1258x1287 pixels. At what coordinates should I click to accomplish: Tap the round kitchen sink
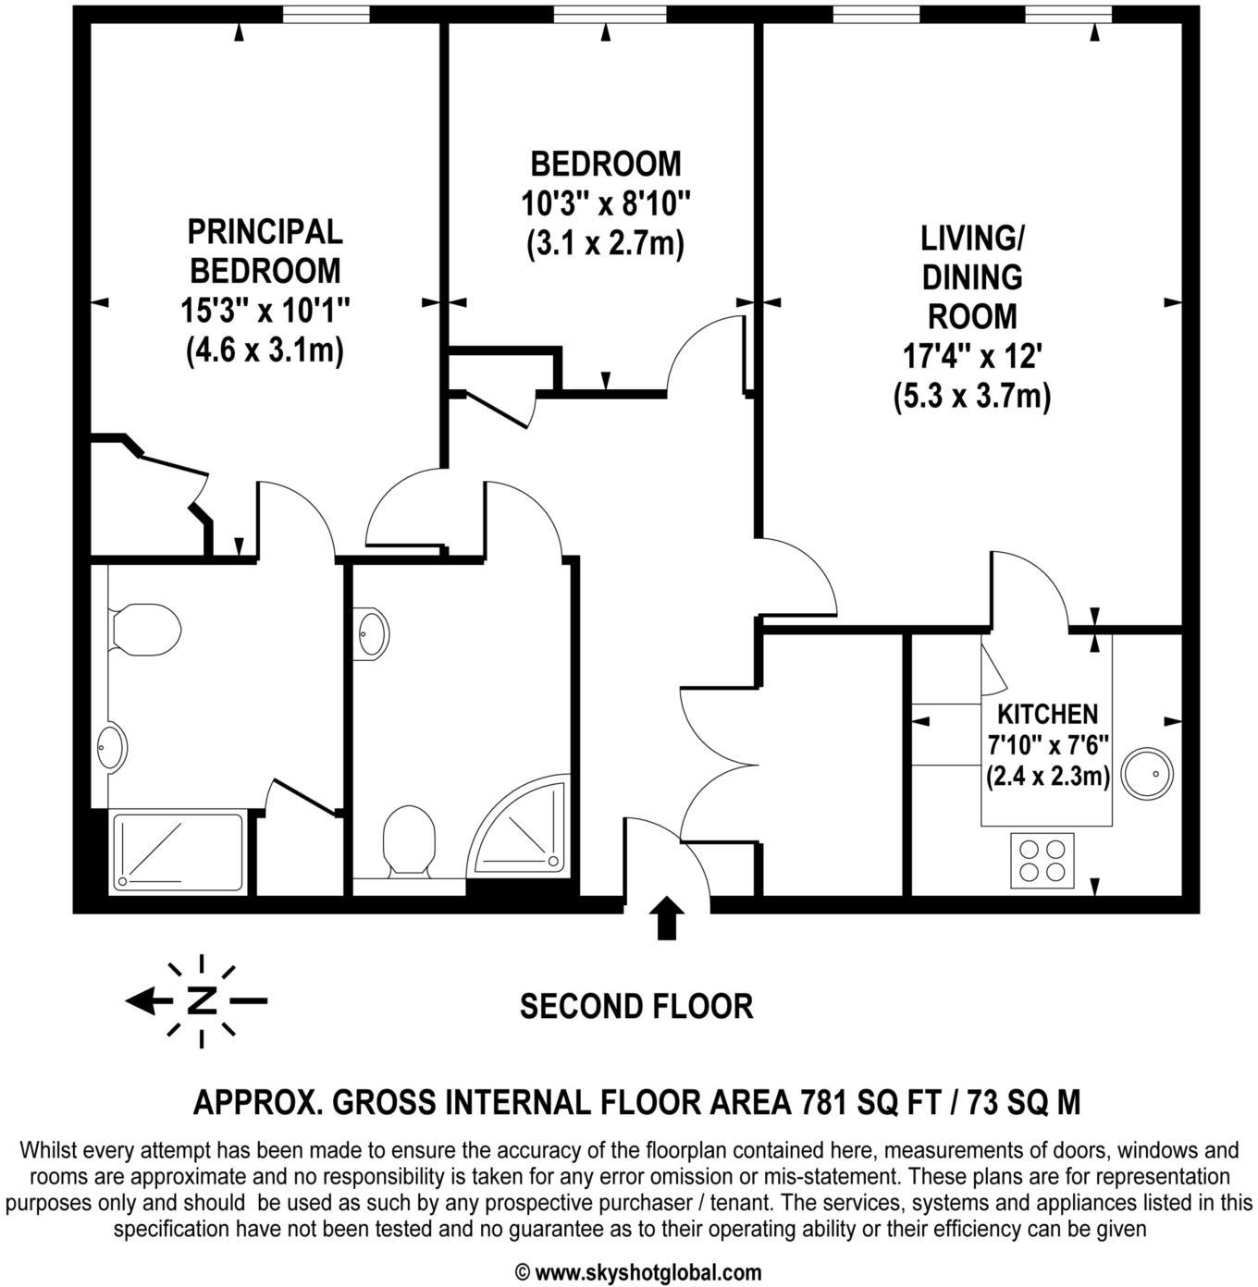(x=1146, y=774)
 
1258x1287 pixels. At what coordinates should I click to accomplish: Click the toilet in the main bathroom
(x=409, y=840)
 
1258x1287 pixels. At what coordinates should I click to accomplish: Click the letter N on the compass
(x=202, y=1000)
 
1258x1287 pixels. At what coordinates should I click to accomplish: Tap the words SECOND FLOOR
(x=635, y=1006)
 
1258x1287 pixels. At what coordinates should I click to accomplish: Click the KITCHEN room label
(x=1047, y=714)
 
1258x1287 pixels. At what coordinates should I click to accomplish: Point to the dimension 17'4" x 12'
(x=972, y=356)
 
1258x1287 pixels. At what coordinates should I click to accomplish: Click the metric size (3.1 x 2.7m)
(x=605, y=243)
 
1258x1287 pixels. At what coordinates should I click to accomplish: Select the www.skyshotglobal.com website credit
(x=637, y=1272)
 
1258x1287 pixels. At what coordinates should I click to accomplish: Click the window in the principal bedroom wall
(x=325, y=14)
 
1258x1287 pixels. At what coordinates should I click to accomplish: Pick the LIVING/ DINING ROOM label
(x=971, y=276)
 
